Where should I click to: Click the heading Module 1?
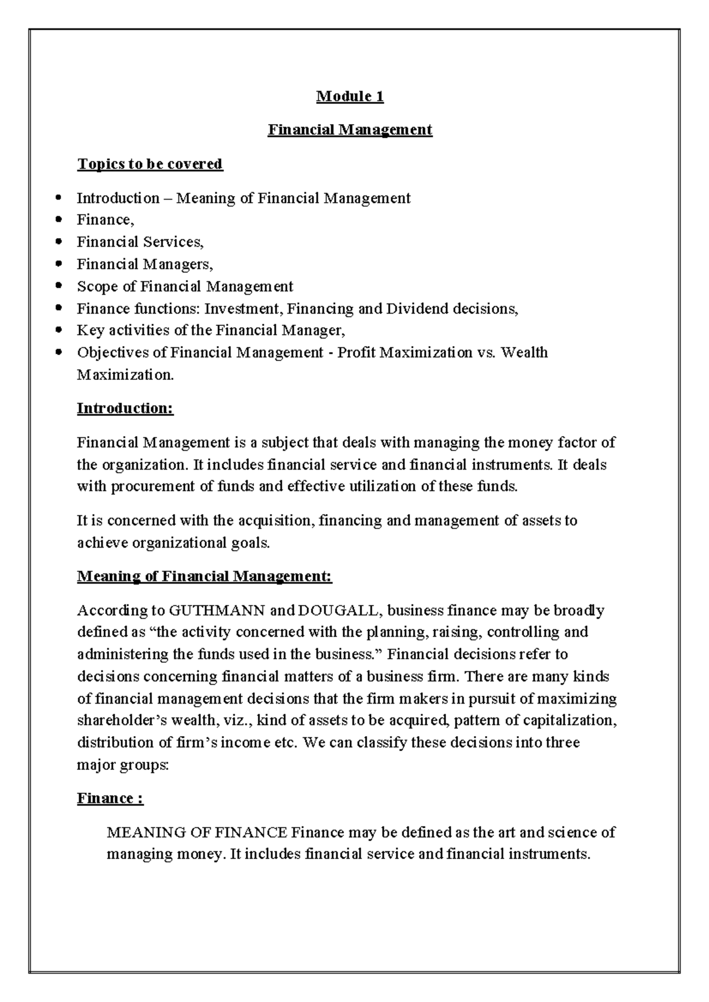click(x=350, y=96)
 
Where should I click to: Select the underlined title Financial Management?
click(x=350, y=129)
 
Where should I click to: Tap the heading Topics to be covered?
click(x=149, y=164)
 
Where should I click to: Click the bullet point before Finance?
click(x=57, y=220)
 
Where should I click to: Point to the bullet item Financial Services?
click(x=140, y=242)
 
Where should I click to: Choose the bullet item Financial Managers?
click(x=145, y=264)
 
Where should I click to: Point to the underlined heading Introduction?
click(x=125, y=408)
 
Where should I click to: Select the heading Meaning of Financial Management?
click(x=204, y=576)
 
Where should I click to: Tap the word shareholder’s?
click(x=121, y=721)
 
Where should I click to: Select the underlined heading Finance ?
click(x=110, y=799)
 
